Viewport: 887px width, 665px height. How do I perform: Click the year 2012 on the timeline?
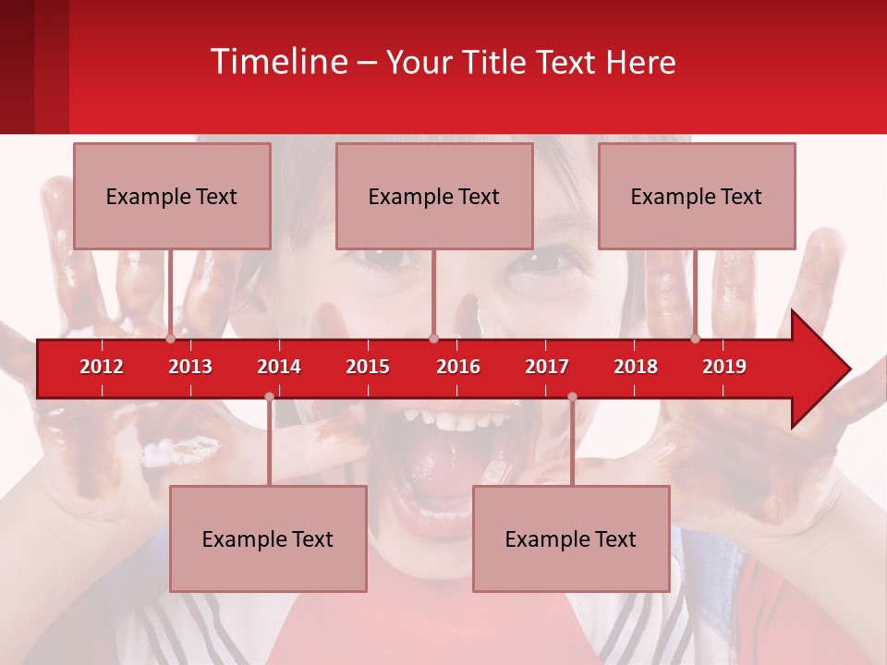pyautogui.click(x=102, y=367)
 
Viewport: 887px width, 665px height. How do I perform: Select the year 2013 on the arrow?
pyautogui.click(x=190, y=367)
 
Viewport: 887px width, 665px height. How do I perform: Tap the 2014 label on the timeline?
pyautogui.click(x=279, y=367)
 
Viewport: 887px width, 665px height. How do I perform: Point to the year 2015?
pyautogui.click(x=368, y=367)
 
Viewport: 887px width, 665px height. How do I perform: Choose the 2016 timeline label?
pyautogui.click(x=458, y=367)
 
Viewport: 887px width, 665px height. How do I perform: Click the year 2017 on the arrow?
pyautogui.click(x=547, y=367)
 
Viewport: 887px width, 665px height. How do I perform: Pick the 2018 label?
pyautogui.click(x=636, y=367)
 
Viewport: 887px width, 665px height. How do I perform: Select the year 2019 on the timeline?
pyautogui.click(x=724, y=367)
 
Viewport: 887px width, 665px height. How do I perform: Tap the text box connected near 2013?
pyautogui.click(x=172, y=196)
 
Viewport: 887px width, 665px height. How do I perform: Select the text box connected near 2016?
pyautogui.click(x=434, y=196)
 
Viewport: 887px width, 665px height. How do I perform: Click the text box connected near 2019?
pyautogui.click(x=697, y=196)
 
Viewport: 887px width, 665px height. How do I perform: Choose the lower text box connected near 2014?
pyautogui.click(x=268, y=538)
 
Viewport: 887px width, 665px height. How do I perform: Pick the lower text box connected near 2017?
pyautogui.click(x=571, y=538)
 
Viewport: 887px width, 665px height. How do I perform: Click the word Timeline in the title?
pyautogui.click(x=278, y=62)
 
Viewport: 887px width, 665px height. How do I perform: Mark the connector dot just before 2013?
pyautogui.click(x=171, y=338)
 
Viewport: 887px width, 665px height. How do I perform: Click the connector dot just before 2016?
pyautogui.click(x=433, y=338)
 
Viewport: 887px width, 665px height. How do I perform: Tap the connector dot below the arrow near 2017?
pyautogui.click(x=572, y=397)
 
